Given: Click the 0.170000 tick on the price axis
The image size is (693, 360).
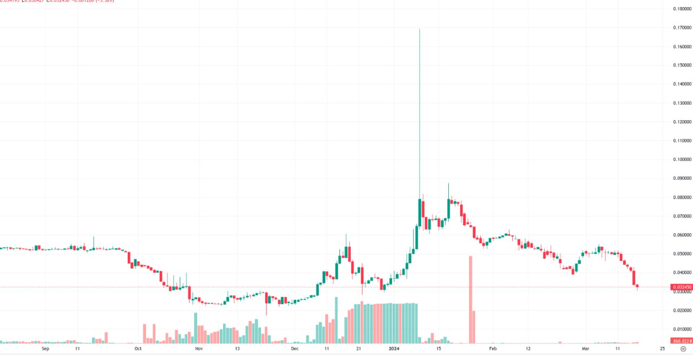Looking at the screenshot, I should (681, 28).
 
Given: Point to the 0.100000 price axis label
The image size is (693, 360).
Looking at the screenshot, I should (681, 160).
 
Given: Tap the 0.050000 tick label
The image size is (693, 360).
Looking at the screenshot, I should (681, 254).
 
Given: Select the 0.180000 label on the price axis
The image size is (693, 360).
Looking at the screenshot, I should (681, 9).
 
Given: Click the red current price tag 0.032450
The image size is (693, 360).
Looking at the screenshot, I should (681, 287).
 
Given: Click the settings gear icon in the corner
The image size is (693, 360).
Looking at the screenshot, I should (684, 350).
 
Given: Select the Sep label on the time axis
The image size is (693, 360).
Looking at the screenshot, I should (45, 349).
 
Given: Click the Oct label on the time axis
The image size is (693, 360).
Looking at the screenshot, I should (138, 349).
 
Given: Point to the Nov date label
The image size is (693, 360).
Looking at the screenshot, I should (199, 349).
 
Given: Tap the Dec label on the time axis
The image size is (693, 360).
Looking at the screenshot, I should (295, 349).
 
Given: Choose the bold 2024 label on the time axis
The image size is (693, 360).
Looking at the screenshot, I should (394, 349).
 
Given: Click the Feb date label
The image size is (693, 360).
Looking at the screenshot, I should (492, 349).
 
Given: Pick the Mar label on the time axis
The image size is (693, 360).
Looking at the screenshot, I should (586, 349).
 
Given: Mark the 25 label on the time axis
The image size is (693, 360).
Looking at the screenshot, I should (663, 349).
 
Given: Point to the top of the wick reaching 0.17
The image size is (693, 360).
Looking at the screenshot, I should (420, 29).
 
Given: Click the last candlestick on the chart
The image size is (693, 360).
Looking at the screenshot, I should (637, 286).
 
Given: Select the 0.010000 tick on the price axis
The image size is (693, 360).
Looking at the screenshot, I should (681, 329).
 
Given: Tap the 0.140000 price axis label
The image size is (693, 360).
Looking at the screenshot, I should (681, 84).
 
